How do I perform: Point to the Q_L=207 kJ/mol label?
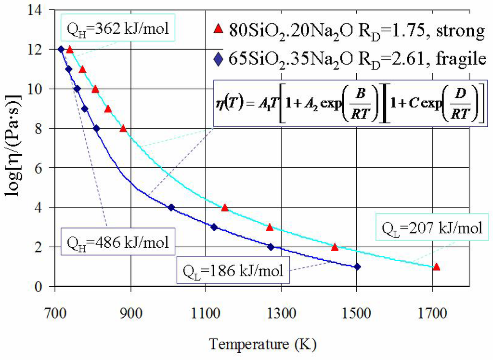pyautogui.click(x=431, y=227)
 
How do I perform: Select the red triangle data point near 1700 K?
pyautogui.click(x=437, y=267)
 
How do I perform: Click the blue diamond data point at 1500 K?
pyautogui.click(x=357, y=267)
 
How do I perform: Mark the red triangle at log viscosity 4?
pyautogui.click(x=224, y=208)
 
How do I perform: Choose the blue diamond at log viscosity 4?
pyautogui.click(x=171, y=207)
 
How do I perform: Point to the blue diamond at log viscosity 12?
pyautogui.click(x=61, y=49)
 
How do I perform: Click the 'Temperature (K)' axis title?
pyautogui.click(x=263, y=344)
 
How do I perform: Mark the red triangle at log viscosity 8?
pyautogui.click(x=123, y=129)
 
